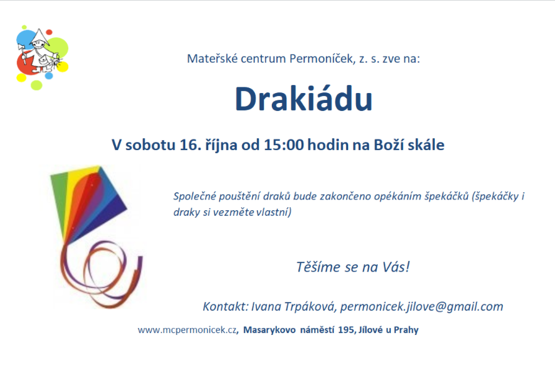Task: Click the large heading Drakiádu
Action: click(304, 99)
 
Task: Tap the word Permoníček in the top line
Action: click(322, 58)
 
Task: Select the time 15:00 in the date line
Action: click(284, 145)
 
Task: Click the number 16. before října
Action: click(190, 145)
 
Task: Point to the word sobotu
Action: click(151, 145)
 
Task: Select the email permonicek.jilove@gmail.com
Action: click(422, 306)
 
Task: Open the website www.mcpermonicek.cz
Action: click(187, 330)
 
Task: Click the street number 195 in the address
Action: click(346, 330)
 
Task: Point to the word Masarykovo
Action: click(269, 330)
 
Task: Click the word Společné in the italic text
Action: click(194, 197)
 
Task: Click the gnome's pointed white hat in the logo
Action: click(40, 35)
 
